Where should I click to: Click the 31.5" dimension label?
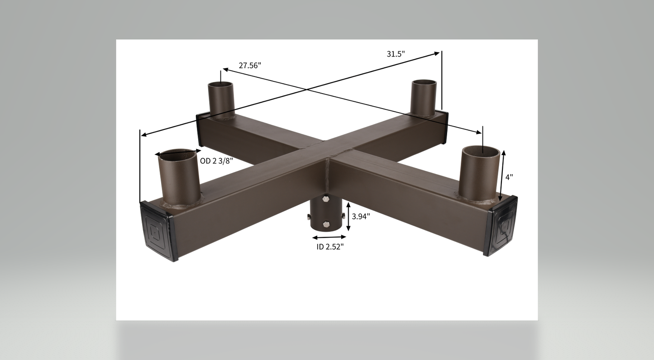click(396, 54)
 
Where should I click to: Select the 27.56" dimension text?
click(250, 66)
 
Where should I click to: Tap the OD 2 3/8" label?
click(216, 161)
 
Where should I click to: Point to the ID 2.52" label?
click(330, 246)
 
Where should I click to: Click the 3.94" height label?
click(361, 216)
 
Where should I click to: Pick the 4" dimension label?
click(509, 177)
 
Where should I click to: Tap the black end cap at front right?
click(501, 225)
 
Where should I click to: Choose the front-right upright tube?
click(480, 174)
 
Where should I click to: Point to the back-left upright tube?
click(220, 99)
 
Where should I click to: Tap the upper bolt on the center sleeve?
click(326, 199)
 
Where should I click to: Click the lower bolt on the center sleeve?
click(326, 224)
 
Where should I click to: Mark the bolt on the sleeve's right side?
click(344, 216)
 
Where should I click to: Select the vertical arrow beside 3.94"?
click(348, 216)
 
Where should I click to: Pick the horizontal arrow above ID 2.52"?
click(329, 237)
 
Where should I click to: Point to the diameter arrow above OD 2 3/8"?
click(178, 153)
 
